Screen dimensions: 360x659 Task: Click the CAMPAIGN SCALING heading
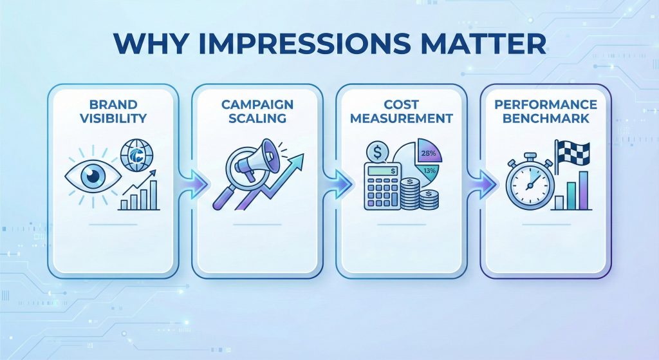(255, 111)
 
